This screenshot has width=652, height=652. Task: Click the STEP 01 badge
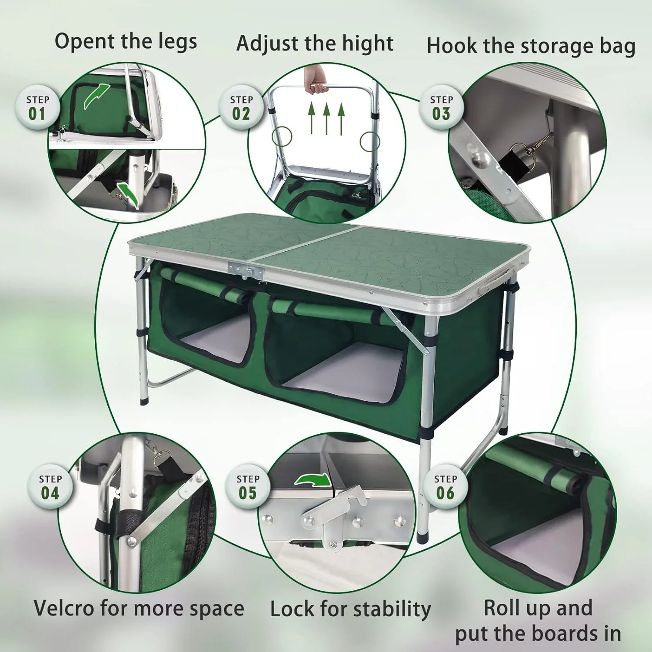tap(38, 108)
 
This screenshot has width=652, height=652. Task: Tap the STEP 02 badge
tap(241, 108)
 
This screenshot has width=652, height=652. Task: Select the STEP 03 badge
tap(441, 108)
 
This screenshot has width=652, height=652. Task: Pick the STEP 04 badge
tap(50, 487)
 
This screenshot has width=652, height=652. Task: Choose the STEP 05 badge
tap(248, 487)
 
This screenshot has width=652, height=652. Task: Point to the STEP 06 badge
tap(446, 487)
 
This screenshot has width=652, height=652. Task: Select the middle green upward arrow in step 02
tap(326, 118)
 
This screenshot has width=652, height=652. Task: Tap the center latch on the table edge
tap(246, 270)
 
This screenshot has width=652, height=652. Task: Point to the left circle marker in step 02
tap(281, 136)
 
